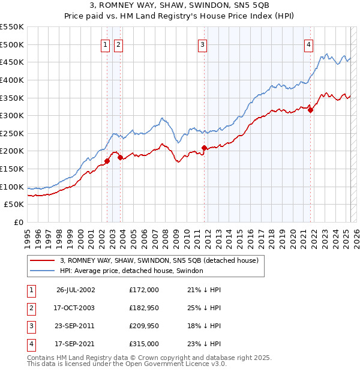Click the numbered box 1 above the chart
click(x=106, y=44)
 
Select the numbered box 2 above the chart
click(x=118, y=44)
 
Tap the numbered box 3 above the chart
click(x=203, y=44)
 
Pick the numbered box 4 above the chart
click(x=308, y=44)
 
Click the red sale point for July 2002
click(x=107, y=161)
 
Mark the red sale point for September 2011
click(x=204, y=148)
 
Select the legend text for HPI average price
click(x=131, y=271)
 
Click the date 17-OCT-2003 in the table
click(x=74, y=308)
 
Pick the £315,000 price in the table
click(x=144, y=344)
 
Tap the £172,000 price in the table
click(x=144, y=290)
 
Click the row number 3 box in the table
click(x=31, y=326)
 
